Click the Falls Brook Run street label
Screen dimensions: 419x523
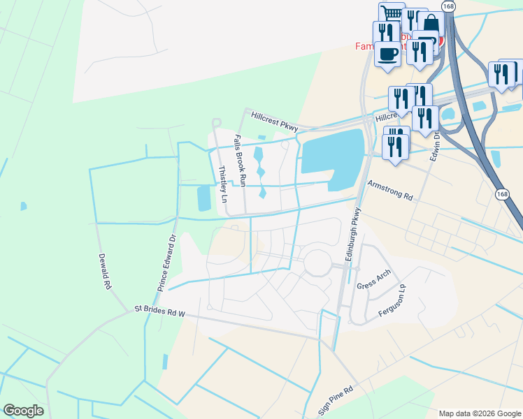(241, 160)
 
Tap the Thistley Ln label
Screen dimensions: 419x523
(223, 184)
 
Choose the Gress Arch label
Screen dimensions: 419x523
(373, 281)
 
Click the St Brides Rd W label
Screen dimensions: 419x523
(159, 311)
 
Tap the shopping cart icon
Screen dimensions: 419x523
(392, 13)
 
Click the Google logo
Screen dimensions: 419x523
(22, 411)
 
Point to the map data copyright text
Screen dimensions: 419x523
(478, 413)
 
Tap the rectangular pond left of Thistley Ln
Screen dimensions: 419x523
(203, 198)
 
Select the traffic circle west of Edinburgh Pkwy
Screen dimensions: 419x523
(317, 263)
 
